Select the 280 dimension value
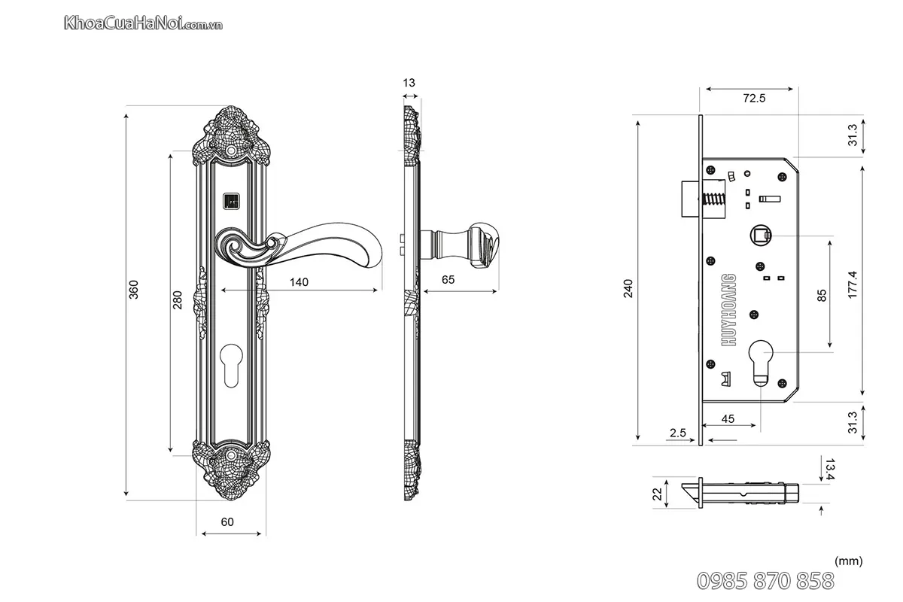pyautogui.click(x=178, y=300)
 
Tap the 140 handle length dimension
pyautogui.click(x=299, y=282)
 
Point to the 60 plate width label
pyautogui.click(x=227, y=521)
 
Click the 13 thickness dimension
pyautogui.click(x=409, y=83)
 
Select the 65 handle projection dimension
pyautogui.click(x=448, y=279)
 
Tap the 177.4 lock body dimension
pyautogui.click(x=852, y=285)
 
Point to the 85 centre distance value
pyautogui.click(x=821, y=295)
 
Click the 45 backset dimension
pyautogui.click(x=728, y=418)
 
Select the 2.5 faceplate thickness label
pyautogui.click(x=676, y=433)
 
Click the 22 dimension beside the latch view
pyautogui.click(x=657, y=494)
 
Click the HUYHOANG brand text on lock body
pyautogui.click(x=728, y=309)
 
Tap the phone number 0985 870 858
pyautogui.click(x=766, y=581)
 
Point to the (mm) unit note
pyautogui.click(x=848, y=561)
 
